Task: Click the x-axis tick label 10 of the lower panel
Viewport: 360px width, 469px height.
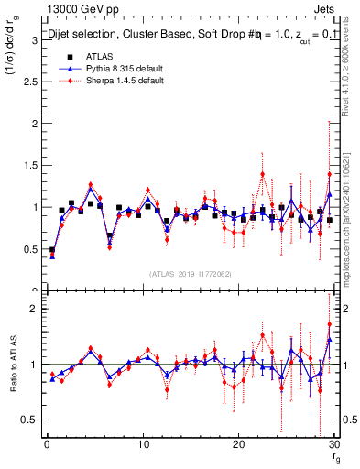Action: (142, 444)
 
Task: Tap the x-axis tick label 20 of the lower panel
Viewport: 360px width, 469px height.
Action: (238, 444)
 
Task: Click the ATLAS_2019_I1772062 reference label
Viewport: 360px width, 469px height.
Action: (190, 274)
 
